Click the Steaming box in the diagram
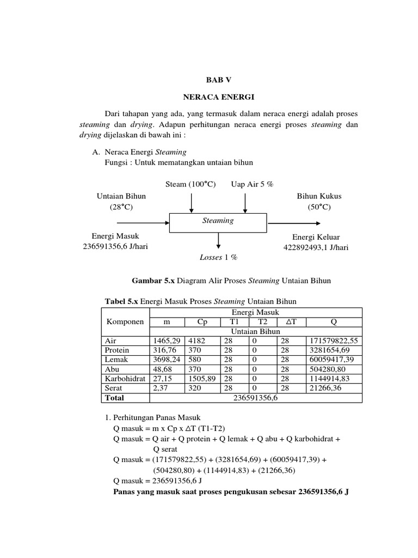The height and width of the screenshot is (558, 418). point(218,221)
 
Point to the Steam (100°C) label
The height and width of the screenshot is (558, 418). point(190,185)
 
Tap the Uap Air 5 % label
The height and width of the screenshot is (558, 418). point(252,185)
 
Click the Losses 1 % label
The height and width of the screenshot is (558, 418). point(219,257)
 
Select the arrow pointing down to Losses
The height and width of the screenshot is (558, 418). point(218,240)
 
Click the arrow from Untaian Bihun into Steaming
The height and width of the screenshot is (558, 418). point(143,222)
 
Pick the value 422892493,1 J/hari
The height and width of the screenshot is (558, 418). point(316,247)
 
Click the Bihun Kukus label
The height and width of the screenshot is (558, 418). point(319,196)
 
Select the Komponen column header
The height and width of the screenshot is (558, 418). point(125,322)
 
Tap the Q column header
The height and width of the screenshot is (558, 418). point(334,322)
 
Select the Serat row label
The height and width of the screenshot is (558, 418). point(113,387)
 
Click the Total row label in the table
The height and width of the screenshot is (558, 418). point(114,397)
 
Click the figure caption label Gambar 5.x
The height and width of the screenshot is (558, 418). point(152,281)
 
